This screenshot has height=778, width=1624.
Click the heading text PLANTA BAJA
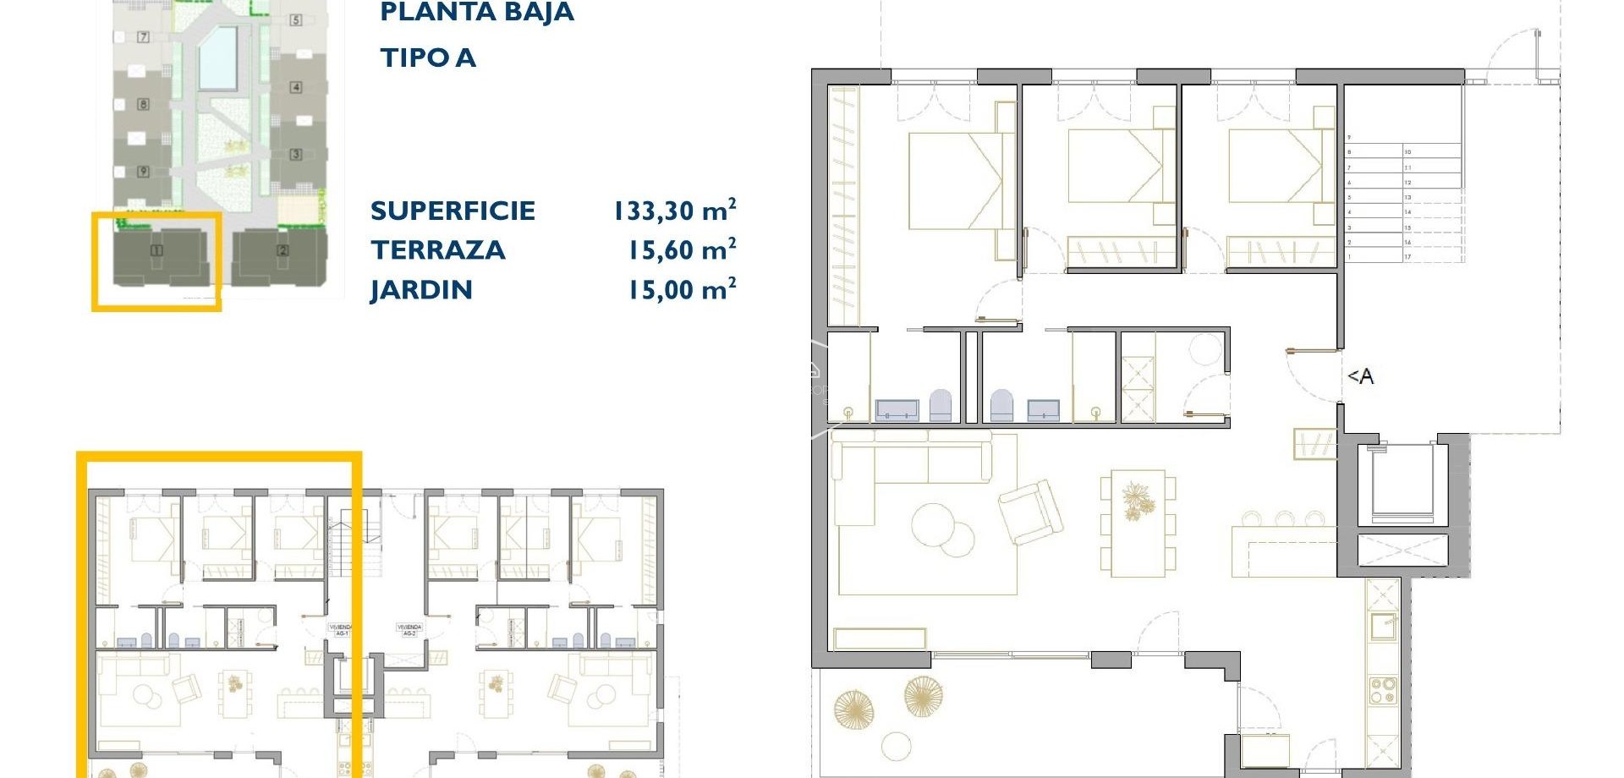click(476, 13)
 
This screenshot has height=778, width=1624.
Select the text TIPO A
click(428, 58)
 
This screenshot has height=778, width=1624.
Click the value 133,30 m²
click(674, 211)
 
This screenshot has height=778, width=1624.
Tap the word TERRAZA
click(437, 250)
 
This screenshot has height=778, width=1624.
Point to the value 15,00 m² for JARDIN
click(681, 290)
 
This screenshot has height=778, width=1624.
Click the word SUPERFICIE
click(453, 211)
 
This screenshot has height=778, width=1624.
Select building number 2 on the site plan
click(283, 250)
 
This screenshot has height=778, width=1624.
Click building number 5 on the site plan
click(295, 19)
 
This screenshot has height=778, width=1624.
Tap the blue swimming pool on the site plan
click(217, 58)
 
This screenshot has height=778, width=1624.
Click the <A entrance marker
click(1360, 376)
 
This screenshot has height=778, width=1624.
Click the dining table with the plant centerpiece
click(1137, 523)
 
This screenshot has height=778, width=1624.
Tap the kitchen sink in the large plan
click(1384, 627)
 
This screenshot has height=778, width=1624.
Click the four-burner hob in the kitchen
click(1383, 691)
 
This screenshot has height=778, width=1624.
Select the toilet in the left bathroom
click(941, 406)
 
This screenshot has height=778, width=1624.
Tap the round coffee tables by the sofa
click(941, 529)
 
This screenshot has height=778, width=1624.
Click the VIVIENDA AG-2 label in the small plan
click(409, 630)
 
